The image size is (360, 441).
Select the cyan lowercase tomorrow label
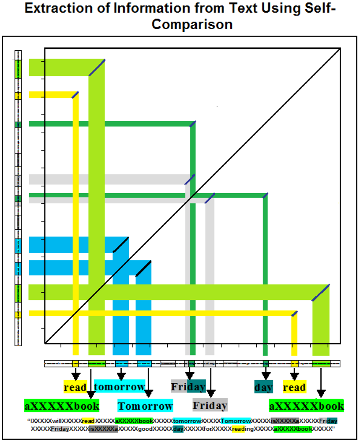point(120,387)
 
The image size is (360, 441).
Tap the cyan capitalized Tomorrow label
point(145,405)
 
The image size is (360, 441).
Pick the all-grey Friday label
point(210,404)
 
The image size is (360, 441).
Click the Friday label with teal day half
point(188,386)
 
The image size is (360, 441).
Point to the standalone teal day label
point(264,387)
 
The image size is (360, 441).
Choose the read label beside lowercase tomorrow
point(75,387)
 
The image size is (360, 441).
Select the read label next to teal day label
point(294,387)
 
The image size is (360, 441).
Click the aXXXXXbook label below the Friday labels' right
point(306,405)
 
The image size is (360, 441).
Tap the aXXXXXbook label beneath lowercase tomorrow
point(62,405)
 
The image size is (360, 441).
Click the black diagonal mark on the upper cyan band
point(120,245)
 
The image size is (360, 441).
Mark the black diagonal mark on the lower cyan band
point(143,269)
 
